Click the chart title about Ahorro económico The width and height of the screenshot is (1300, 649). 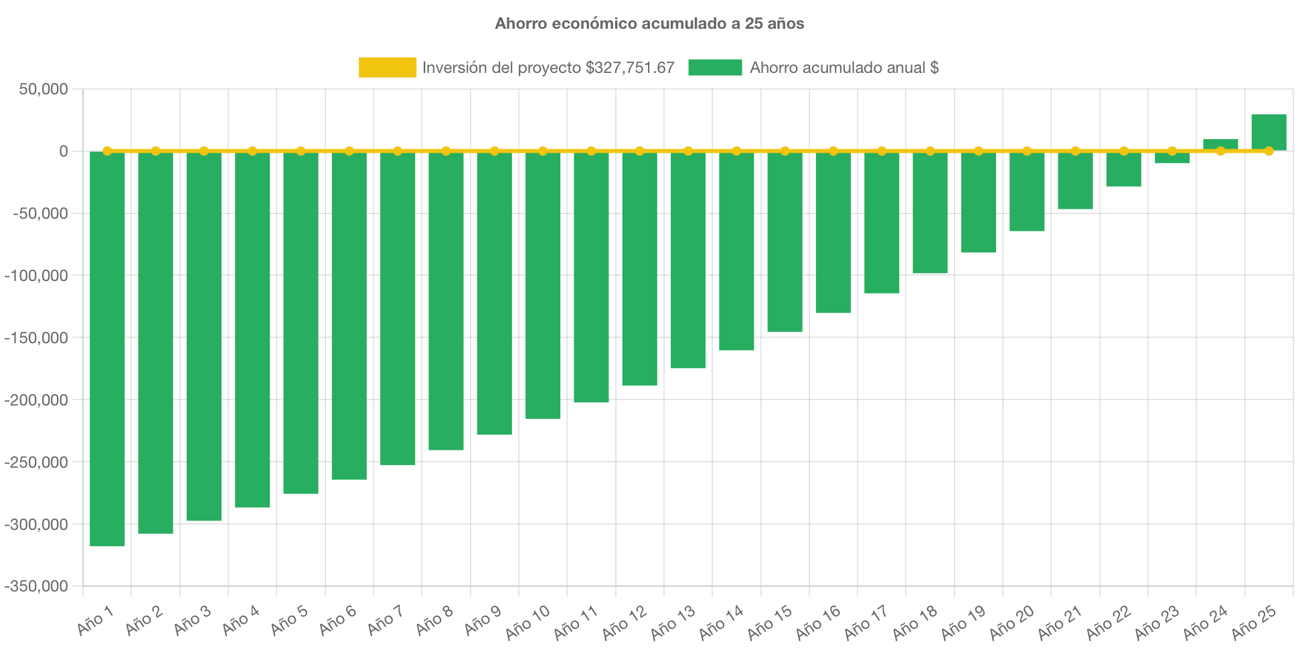click(x=649, y=23)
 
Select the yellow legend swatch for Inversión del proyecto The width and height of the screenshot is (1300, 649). click(x=387, y=68)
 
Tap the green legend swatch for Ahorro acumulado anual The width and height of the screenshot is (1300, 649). click(x=715, y=68)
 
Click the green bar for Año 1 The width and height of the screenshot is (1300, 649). click(x=107, y=348)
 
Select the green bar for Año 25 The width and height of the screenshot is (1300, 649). click(x=1269, y=132)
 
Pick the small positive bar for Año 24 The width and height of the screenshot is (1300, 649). click(x=1220, y=144)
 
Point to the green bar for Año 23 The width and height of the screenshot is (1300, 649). click(x=1172, y=158)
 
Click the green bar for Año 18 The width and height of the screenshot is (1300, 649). click(x=930, y=213)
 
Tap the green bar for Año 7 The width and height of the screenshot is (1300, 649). click(x=398, y=308)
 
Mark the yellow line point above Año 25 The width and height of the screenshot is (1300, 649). click(x=1269, y=151)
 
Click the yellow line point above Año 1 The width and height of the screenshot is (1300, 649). click(x=107, y=151)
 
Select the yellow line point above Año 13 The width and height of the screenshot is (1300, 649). click(x=688, y=151)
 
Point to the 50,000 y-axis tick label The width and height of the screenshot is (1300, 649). click(x=44, y=89)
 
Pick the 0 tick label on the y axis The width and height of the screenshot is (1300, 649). click(x=63, y=151)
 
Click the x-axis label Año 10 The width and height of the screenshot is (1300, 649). click(x=527, y=622)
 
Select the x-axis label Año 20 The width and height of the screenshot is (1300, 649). click(x=1011, y=622)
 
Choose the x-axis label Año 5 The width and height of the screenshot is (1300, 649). click(x=289, y=620)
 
